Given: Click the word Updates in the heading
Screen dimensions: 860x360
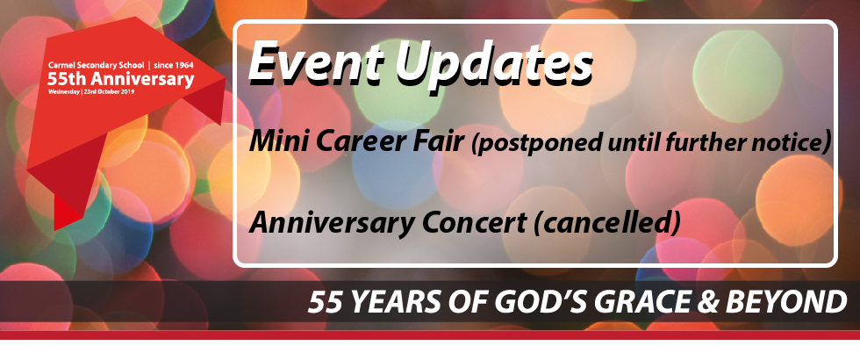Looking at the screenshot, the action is point(493,64).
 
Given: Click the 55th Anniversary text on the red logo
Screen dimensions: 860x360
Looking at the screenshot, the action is point(121,79).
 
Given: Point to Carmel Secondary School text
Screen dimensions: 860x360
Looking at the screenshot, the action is point(96,65).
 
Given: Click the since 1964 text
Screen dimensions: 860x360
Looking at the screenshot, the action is point(174,65).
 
